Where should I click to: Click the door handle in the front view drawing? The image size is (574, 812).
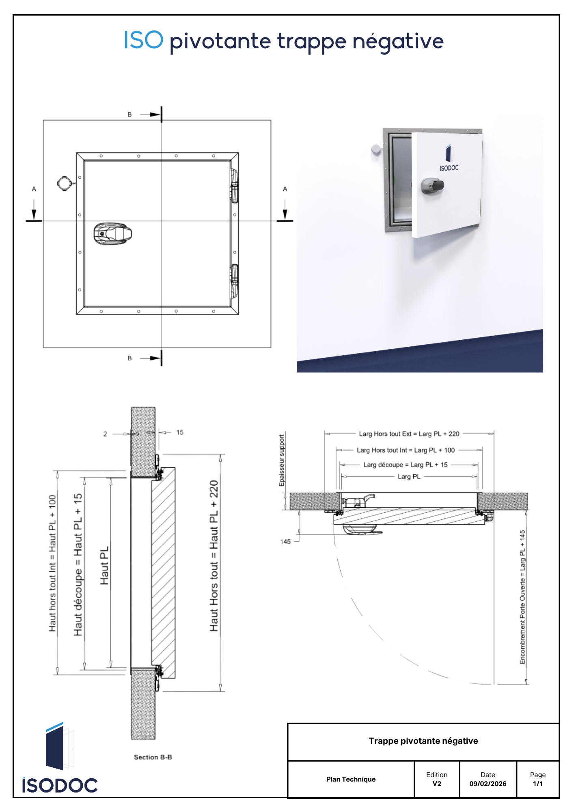(x=112, y=234)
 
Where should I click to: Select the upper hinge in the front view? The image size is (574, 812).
(x=234, y=186)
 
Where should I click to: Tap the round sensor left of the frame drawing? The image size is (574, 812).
(x=64, y=183)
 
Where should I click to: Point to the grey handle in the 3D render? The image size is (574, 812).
(x=432, y=186)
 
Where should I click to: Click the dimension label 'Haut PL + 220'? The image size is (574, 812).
(x=214, y=555)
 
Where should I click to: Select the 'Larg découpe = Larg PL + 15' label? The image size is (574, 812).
(x=405, y=464)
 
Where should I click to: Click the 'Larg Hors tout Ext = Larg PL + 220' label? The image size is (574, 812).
(x=409, y=434)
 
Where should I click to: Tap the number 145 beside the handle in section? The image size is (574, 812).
(x=285, y=541)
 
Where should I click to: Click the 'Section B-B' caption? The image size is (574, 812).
(x=153, y=757)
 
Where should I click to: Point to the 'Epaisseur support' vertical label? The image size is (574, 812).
(x=281, y=460)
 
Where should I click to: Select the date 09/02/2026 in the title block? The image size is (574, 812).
(x=488, y=784)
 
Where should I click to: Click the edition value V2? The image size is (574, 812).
(x=436, y=784)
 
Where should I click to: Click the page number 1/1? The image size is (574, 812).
(x=537, y=784)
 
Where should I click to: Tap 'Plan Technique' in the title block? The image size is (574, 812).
(x=351, y=779)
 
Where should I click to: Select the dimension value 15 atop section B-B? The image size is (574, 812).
(x=180, y=432)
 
